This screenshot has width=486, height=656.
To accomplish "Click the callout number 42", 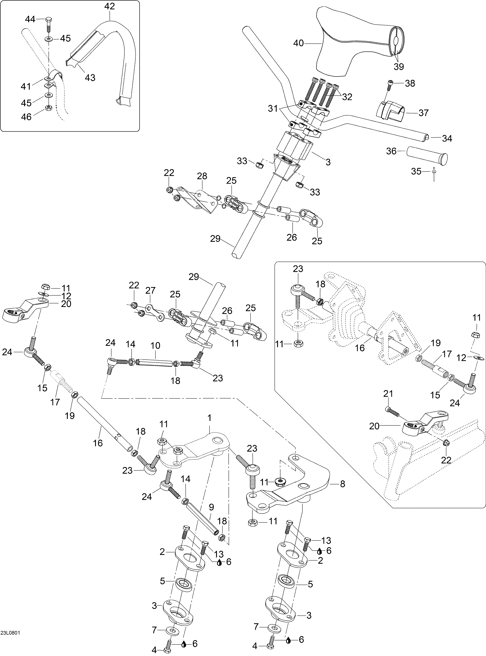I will (110, 6).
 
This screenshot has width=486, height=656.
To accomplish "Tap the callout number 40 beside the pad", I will (298, 43).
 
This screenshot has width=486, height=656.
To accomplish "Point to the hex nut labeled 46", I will (48, 108).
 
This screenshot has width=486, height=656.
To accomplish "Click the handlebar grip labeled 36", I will (427, 155).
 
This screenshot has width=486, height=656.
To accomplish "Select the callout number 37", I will (423, 113).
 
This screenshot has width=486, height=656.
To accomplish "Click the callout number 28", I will (202, 176).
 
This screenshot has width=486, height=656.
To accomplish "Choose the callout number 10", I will (155, 345).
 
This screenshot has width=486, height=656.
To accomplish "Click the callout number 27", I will (150, 290).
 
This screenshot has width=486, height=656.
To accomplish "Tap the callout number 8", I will (342, 484).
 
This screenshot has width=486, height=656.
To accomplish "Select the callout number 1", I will (210, 418).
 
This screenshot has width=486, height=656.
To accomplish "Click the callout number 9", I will (211, 507).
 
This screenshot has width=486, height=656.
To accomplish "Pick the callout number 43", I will (90, 78).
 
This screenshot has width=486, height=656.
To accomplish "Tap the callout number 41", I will (26, 86).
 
